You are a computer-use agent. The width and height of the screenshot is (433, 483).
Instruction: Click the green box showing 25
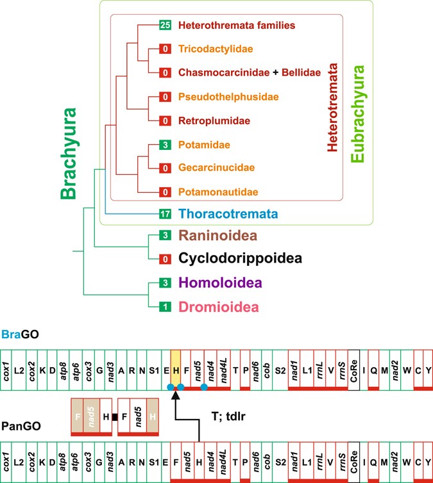click(x=165, y=26)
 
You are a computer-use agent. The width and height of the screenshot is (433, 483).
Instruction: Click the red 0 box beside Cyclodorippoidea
click(x=165, y=259)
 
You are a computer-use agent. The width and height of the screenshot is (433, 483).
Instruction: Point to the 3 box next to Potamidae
click(x=165, y=145)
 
